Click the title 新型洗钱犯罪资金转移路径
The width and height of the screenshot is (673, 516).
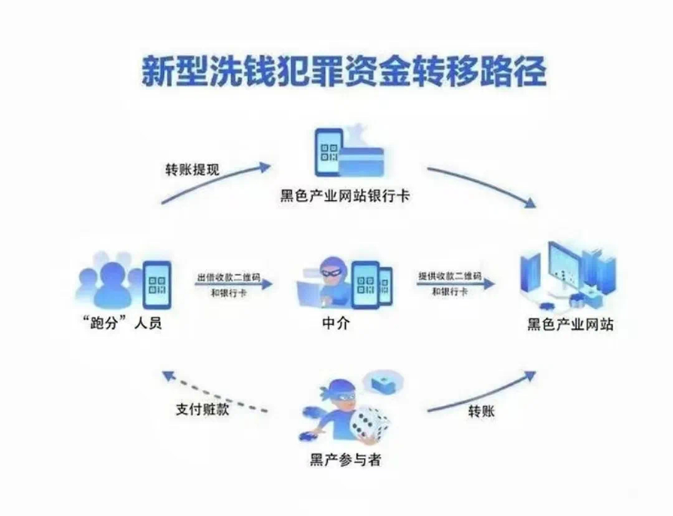[x=344, y=73]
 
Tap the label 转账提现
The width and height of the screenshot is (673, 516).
[x=192, y=170]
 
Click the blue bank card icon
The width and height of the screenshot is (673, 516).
[x=361, y=163]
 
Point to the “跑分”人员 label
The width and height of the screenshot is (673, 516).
[x=122, y=323]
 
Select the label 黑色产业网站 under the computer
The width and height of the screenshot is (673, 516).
[x=570, y=324]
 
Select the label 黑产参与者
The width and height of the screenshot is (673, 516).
[x=345, y=461]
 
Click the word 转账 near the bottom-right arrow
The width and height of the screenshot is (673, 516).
[x=481, y=411]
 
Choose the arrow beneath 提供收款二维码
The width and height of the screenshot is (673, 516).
[x=456, y=284]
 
